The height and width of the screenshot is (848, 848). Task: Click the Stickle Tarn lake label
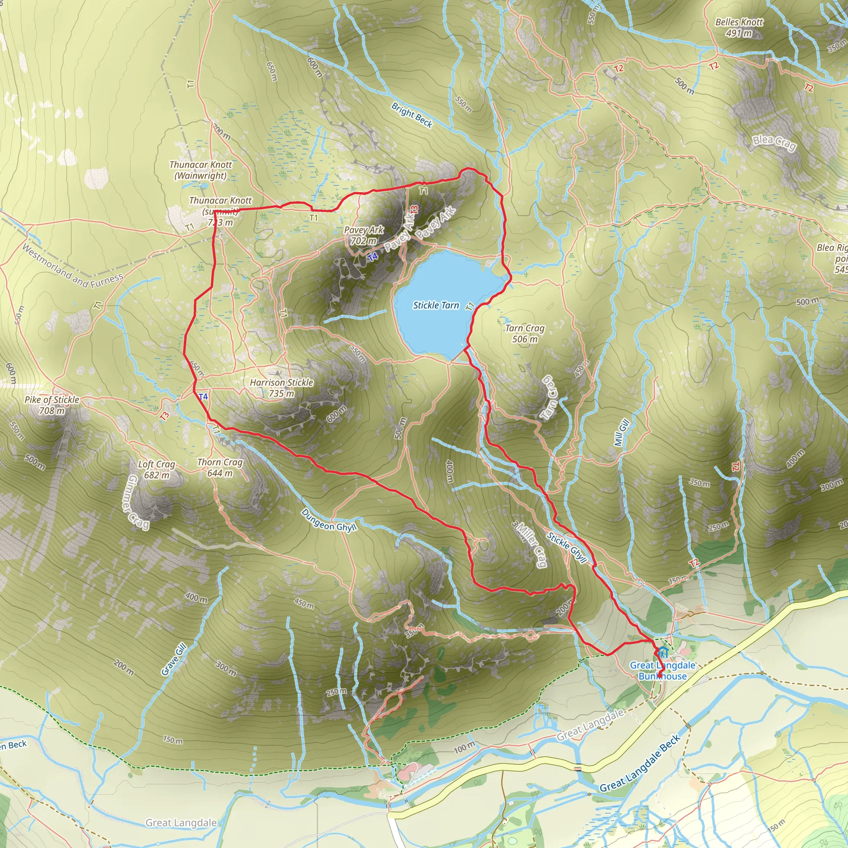coord(436,305)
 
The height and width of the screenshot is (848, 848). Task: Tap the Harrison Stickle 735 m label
coord(281,388)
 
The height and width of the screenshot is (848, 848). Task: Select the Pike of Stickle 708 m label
coord(52,405)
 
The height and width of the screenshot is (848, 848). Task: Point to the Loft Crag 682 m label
coord(156,469)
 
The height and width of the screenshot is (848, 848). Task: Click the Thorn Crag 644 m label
coord(219,467)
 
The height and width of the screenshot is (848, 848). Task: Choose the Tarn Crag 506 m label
coord(525,334)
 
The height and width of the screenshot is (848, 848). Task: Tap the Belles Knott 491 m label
coord(739,27)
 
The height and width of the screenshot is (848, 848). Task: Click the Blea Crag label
coord(774,143)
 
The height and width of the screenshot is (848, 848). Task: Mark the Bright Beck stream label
coord(412,115)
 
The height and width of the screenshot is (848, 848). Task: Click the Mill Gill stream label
coord(622,433)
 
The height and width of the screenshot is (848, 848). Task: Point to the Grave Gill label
coord(174,659)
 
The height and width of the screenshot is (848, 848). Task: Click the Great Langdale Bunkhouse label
coord(662,671)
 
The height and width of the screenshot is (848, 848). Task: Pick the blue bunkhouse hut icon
coord(663,652)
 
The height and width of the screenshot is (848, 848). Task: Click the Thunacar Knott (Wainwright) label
coord(200,170)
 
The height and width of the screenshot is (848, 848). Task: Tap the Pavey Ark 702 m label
coord(364,235)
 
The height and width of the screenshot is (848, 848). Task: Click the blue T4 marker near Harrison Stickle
coord(203,397)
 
